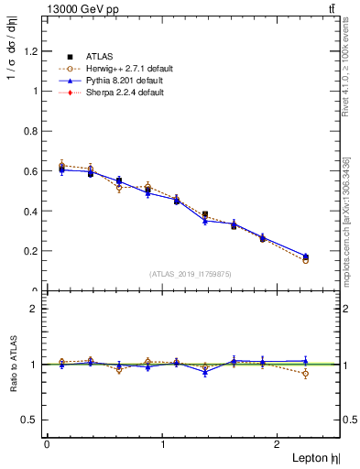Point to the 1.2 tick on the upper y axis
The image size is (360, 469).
tap(32, 51)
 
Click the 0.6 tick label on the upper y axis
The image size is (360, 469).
tap(32, 171)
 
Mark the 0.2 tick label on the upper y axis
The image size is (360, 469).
tap(32, 251)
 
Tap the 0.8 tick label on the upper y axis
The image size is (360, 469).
tap(32, 131)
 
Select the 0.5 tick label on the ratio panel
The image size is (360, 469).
tap(32, 420)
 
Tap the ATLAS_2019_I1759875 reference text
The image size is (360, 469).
tap(191, 273)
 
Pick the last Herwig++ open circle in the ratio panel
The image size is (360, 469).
tap(305, 374)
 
